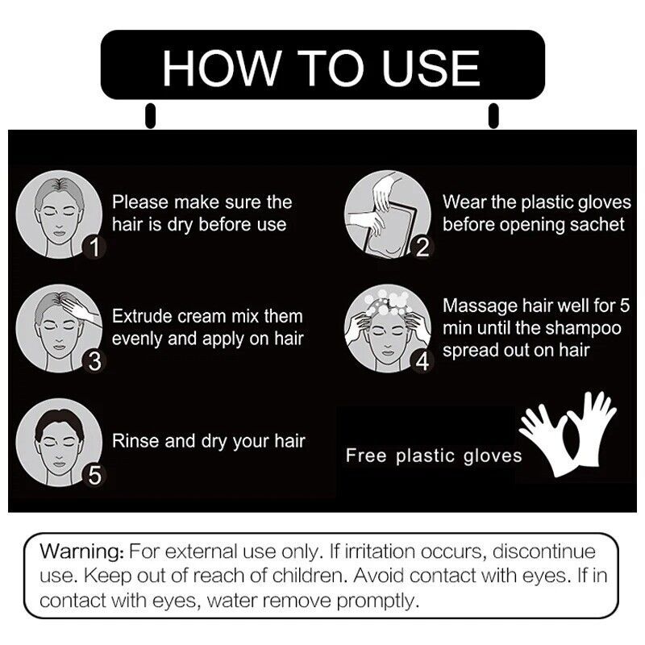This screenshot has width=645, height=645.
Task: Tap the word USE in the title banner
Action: click(431, 69)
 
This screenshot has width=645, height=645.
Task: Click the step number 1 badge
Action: click(94, 247)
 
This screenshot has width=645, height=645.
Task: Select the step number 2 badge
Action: click(422, 247)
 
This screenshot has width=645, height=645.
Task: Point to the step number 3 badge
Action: click(94, 361)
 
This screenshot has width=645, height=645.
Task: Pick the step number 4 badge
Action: click(422, 361)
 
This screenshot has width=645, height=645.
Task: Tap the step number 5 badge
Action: click(94, 475)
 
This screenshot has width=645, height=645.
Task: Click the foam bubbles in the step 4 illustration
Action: click(388, 301)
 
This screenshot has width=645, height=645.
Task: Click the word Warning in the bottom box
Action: click(81, 551)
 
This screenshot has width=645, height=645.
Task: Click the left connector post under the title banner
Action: click(151, 115)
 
